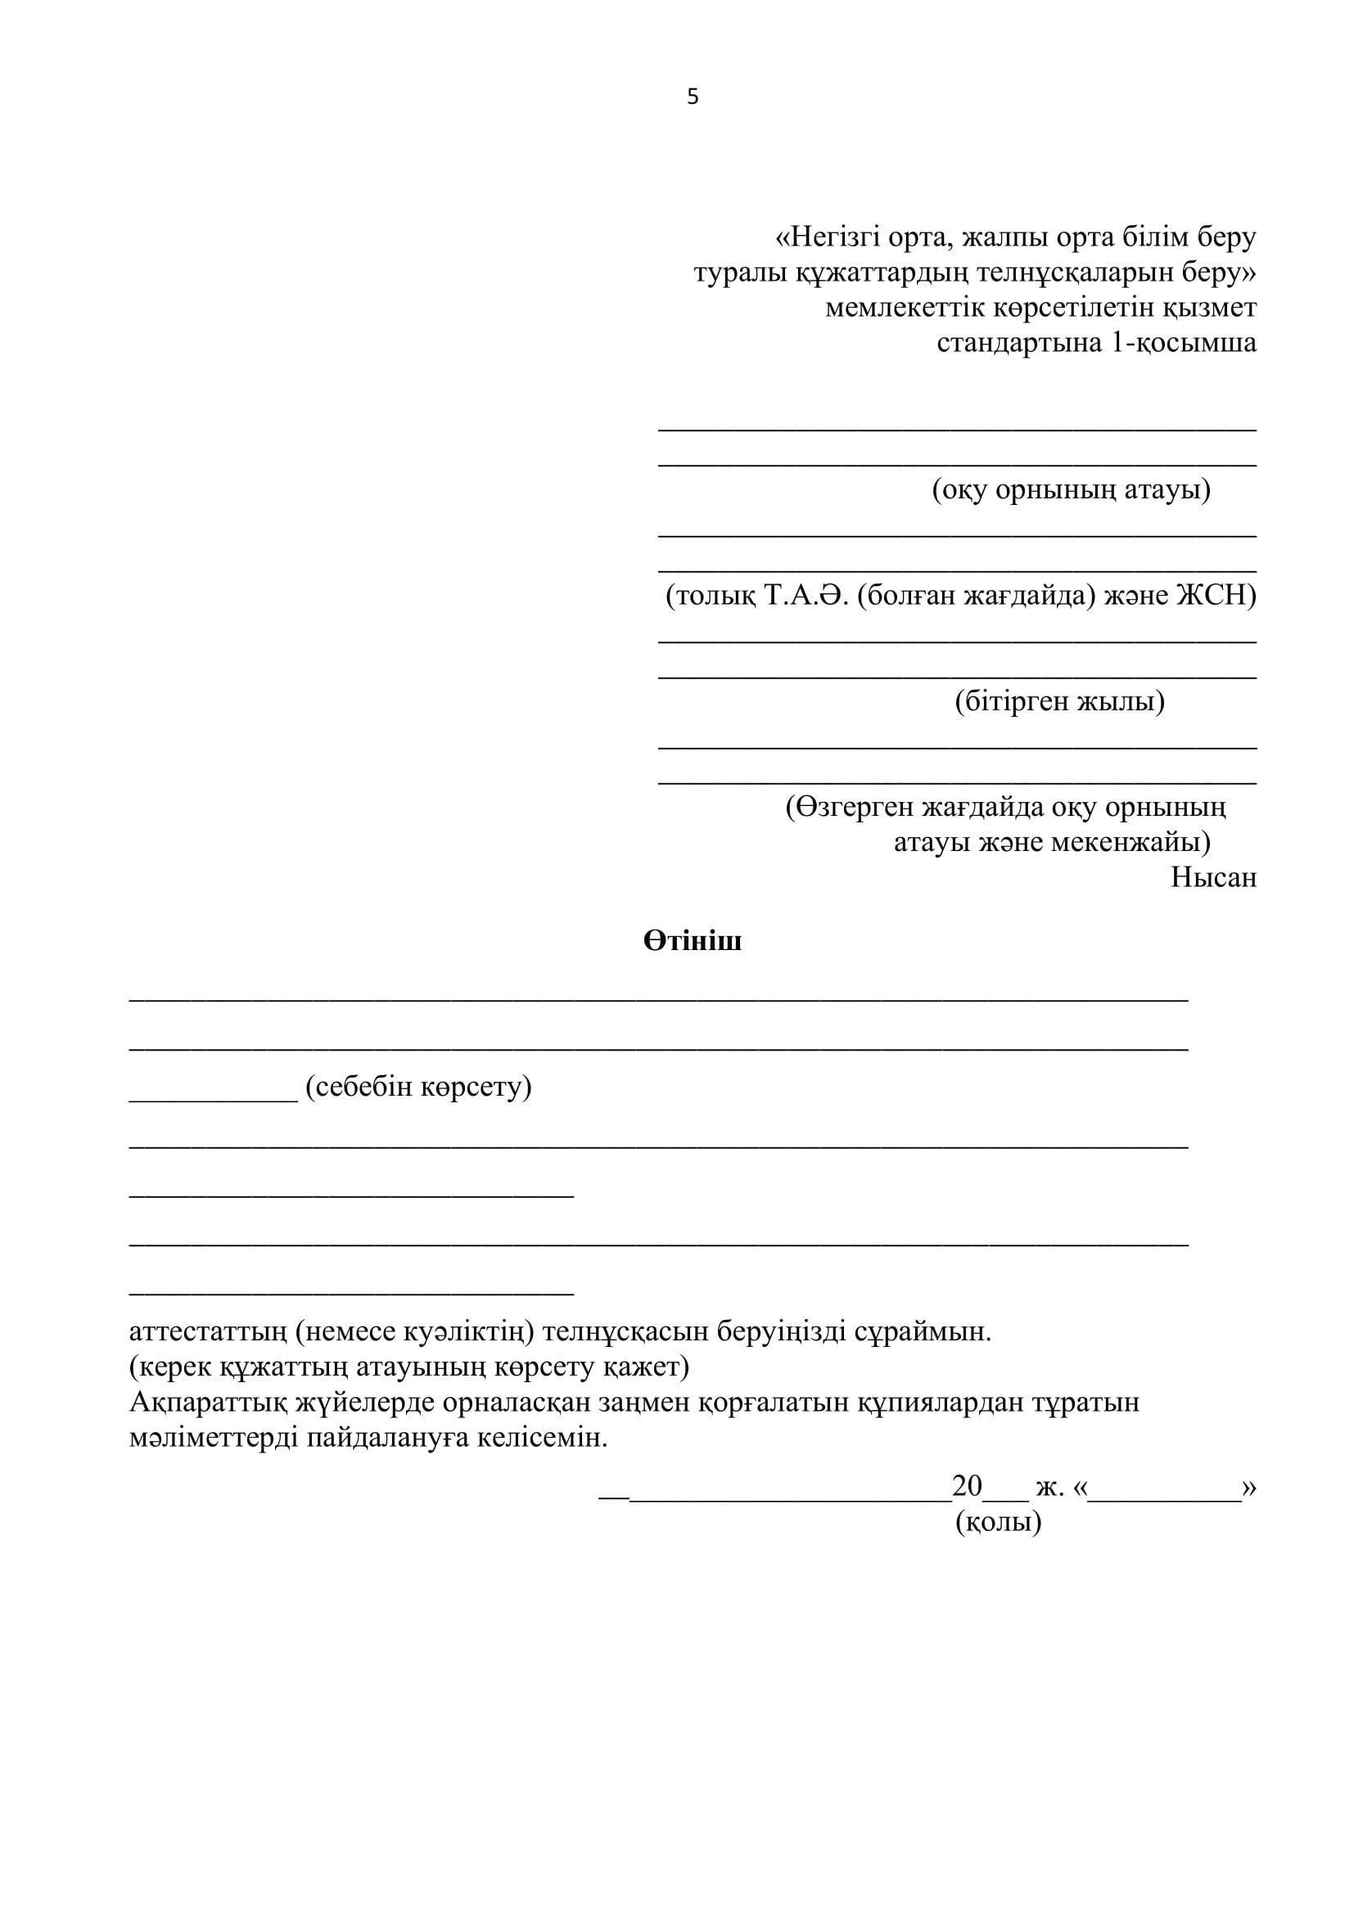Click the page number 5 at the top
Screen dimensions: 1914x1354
692,97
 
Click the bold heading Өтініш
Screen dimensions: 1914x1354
692,941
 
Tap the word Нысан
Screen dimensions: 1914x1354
1213,878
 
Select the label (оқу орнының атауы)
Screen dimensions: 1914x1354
1071,489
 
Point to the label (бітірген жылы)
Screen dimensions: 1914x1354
1058,701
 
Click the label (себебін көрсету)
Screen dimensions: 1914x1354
418,1086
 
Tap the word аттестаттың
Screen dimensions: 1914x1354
208,1331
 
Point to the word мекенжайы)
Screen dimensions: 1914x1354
1130,842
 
